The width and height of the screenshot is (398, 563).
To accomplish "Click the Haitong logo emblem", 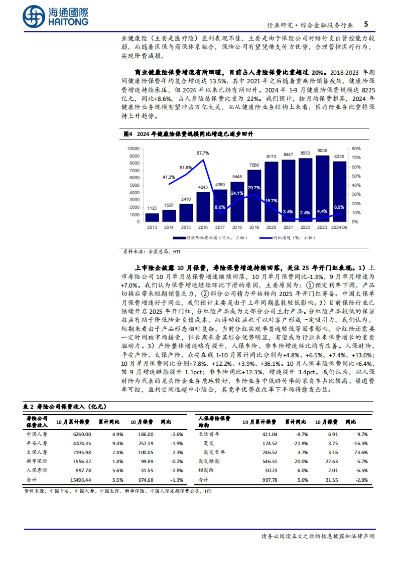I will click(34, 17).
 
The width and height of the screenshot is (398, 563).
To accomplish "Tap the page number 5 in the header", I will click(366, 24).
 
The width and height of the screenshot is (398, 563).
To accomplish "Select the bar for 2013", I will click(152, 217).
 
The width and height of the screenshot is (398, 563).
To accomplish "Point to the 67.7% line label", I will click(203, 153).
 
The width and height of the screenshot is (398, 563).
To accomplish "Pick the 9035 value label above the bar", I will click(322, 151).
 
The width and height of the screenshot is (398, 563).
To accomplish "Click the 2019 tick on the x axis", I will click(254, 227).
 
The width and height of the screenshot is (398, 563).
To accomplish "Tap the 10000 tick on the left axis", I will click(133, 149).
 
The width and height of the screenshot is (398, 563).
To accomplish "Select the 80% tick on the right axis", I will click(356, 149).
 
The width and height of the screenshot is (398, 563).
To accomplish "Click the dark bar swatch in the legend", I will click(179, 238).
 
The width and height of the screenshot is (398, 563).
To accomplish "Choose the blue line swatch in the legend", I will click(266, 238).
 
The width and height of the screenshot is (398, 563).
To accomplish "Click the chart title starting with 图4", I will click(188, 134).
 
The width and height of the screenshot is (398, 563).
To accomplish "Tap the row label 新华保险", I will click(37, 461).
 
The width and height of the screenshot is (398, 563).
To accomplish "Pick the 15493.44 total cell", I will click(81, 480).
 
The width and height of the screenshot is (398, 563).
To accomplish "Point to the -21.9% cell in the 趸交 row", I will click(301, 443).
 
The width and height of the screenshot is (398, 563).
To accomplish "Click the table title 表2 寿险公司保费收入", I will click(65, 407).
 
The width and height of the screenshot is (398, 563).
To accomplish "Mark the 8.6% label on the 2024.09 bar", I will click(339, 207).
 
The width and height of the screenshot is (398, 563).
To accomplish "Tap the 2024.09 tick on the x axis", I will click(339, 227).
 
